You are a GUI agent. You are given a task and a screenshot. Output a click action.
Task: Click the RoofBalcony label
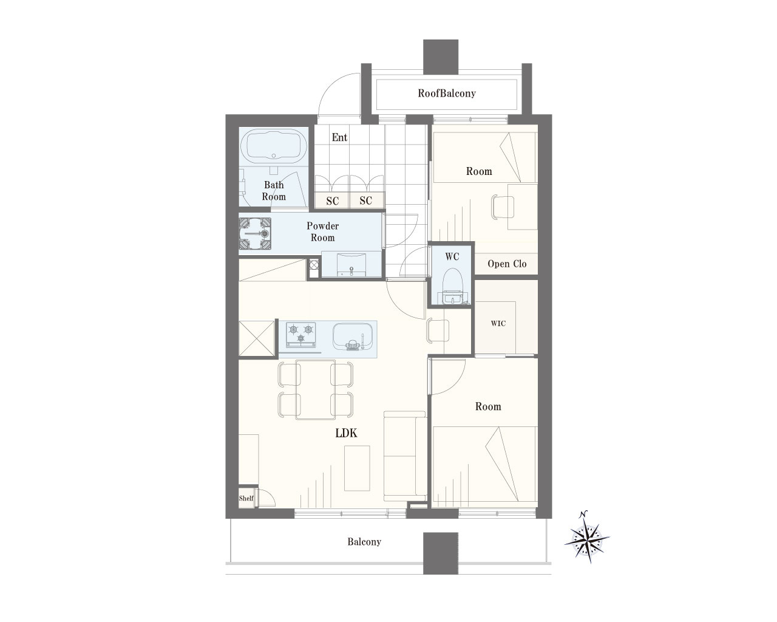click(447, 94)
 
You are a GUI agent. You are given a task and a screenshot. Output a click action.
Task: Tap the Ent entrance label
click(339, 137)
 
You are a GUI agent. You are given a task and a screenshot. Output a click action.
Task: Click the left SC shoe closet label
click(332, 200)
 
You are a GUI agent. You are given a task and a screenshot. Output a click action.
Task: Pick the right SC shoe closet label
click(366, 200)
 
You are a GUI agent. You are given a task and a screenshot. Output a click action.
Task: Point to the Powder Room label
click(323, 231)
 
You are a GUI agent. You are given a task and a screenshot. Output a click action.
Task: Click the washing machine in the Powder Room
click(255, 233)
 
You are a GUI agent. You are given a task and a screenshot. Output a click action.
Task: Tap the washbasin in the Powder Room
click(351, 265)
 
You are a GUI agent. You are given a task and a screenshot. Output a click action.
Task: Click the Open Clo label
click(507, 264)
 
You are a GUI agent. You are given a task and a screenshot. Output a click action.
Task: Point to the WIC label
click(498, 324)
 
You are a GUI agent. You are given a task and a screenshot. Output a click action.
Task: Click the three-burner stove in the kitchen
click(300, 334)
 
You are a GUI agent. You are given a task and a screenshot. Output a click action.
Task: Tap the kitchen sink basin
click(353, 337)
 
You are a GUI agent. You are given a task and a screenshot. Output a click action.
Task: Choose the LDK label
click(346, 433)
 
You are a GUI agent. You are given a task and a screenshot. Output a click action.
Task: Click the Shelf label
click(246, 498)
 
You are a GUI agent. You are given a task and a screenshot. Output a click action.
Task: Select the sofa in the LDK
click(405, 456)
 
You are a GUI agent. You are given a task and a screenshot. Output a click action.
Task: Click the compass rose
click(587, 537)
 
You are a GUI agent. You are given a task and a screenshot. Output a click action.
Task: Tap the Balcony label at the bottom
click(364, 542)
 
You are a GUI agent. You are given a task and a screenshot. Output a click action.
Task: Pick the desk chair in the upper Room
click(503, 207)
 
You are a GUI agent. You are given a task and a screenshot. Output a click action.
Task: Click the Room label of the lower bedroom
click(488, 406)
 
